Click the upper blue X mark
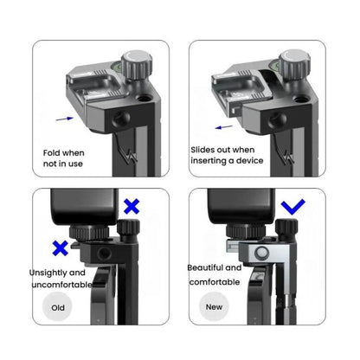(x=132, y=207)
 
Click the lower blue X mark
(x=61, y=247)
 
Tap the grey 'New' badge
(x=213, y=306)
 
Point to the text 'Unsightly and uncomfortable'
(x=59, y=279)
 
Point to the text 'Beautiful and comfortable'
(x=215, y=275)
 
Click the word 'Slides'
(x=205, y=150)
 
